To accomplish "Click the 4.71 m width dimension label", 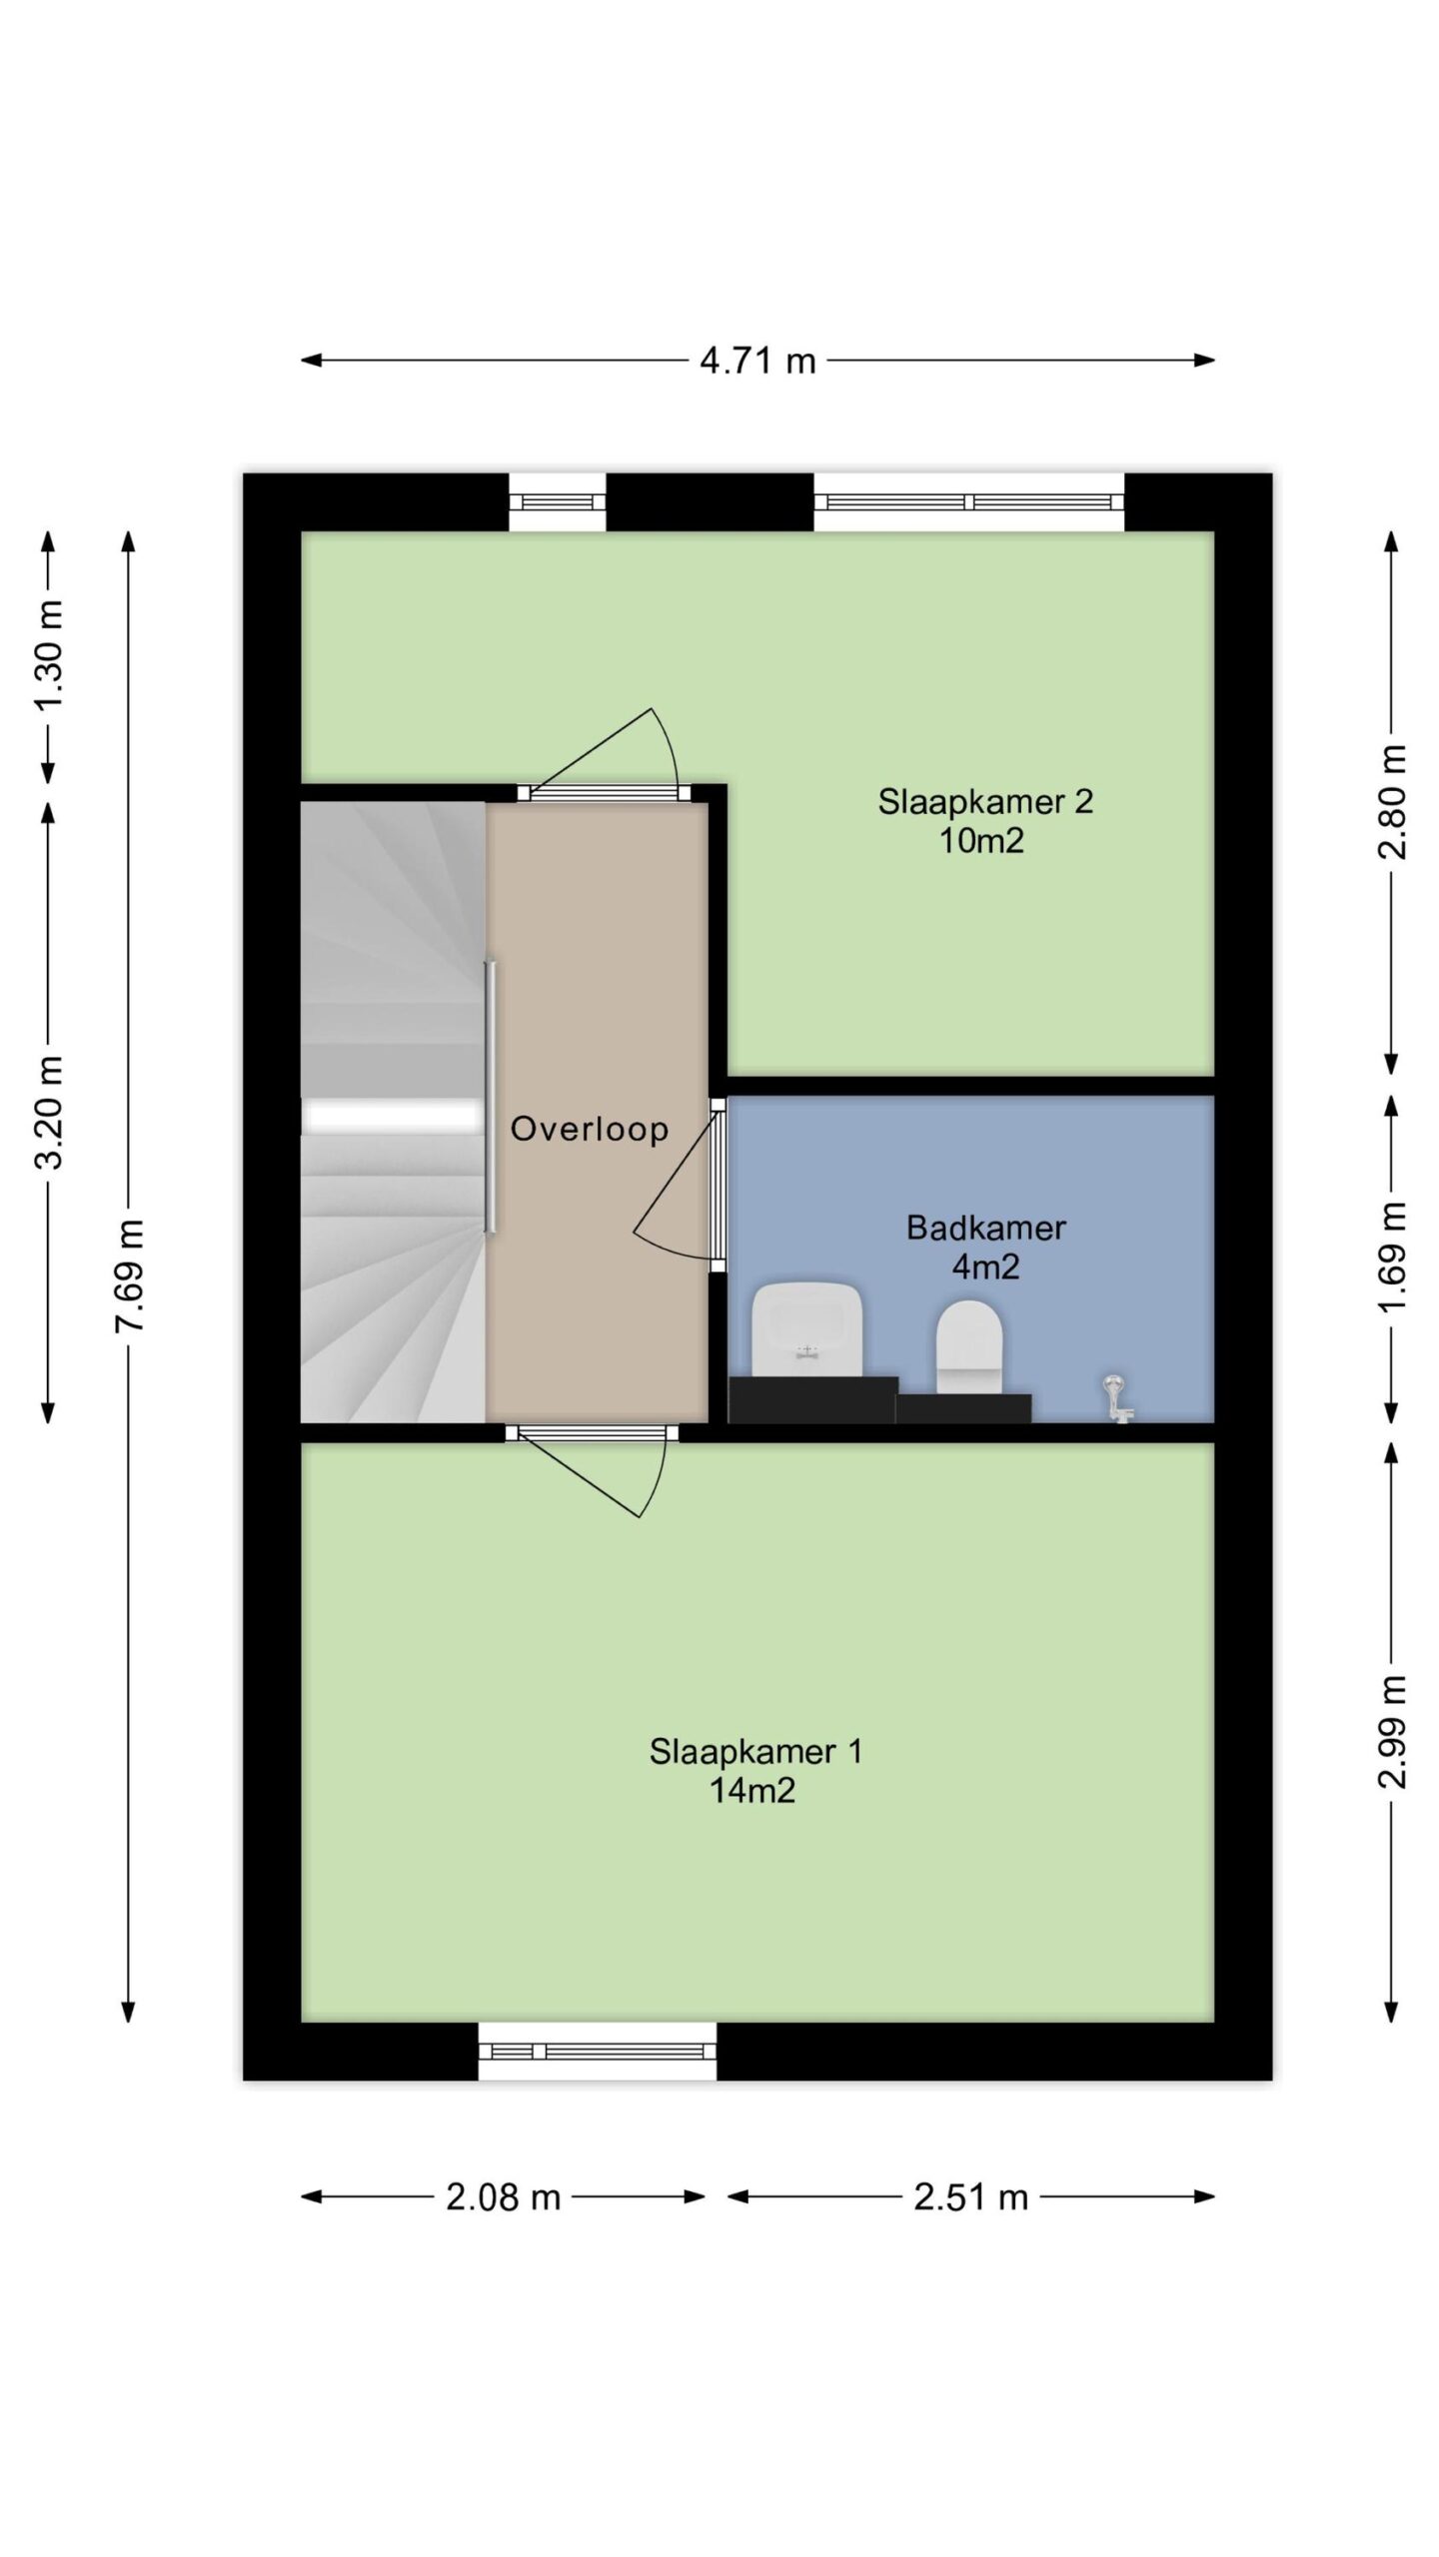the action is tap(757, 361).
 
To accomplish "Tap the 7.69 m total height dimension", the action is tap(131, 1275).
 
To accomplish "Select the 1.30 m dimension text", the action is tap(49, 655).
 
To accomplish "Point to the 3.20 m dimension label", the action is tap(49, 1113).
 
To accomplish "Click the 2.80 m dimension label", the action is tap(1392, 802).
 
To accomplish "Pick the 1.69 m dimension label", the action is tap(1392, 1258).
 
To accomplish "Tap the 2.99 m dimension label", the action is tap(1392, 1731).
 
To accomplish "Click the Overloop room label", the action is tap(590, 1129).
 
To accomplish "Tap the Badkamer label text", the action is tap(985, 1228).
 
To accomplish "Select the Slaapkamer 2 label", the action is tap(985, 801).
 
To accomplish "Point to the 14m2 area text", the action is tap(752, 1791).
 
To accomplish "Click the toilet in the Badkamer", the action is tap(969, 1346).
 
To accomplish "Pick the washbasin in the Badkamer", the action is tap(807, 1328).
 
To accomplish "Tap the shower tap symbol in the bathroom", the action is tap(1117, 1398).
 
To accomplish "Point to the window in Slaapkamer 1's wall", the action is tap(598, 2052).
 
